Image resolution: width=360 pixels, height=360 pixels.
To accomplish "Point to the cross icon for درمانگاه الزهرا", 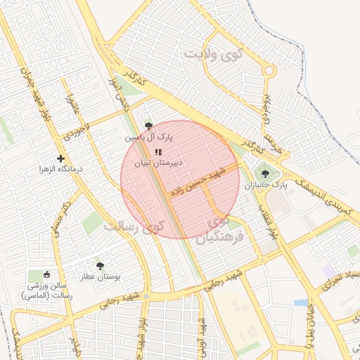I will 60,159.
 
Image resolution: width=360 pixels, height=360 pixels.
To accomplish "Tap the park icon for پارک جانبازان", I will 264,174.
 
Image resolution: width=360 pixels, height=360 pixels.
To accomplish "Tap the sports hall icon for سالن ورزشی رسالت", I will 47,274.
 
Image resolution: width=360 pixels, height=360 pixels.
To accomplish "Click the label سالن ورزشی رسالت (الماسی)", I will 46,291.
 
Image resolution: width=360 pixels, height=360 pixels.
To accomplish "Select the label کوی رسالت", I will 134,226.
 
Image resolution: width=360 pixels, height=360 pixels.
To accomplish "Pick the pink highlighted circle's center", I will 180,179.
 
